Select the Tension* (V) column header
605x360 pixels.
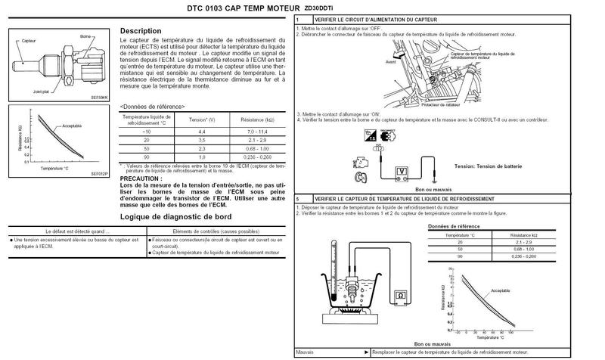pyautogui.click(x=202, y=120)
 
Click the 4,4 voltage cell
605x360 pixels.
pyautogui.click(x=202, y=132)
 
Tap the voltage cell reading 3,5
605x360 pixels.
pyautogui.click(x=202, y=141)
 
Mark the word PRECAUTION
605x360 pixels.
pyautogui.click(x=141, y=178)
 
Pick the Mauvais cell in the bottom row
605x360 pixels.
pyautogui.click(x=306, y=352)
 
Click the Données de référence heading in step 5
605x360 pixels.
pyautogui.click(x=454, y=226)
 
